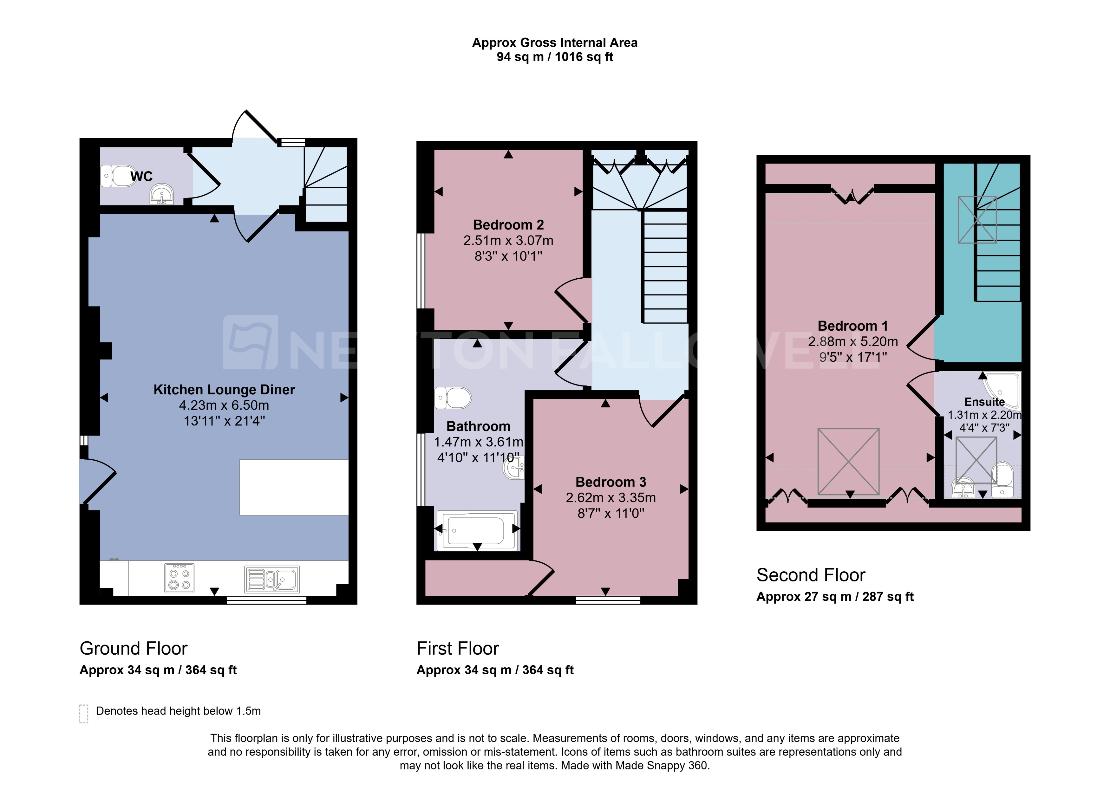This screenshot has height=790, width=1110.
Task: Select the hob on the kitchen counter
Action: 179,578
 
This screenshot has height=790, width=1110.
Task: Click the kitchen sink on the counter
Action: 271,579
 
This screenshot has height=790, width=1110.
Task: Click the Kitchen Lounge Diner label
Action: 224,390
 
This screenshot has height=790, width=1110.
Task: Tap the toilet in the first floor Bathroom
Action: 454,398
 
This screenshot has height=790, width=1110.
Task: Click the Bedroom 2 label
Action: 508,225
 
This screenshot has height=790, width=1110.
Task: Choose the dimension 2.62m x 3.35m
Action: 610,498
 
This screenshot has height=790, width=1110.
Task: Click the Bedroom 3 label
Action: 610,482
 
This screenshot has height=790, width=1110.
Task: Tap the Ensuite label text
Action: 984,402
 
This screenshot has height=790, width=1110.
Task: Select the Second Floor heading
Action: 810,575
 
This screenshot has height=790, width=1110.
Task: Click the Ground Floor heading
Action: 133,648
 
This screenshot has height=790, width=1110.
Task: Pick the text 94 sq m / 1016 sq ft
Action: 554,57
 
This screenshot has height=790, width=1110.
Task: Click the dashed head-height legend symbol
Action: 83,714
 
